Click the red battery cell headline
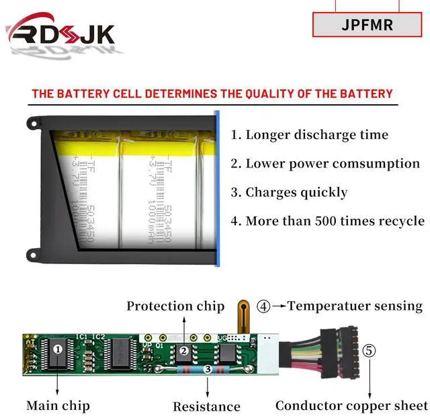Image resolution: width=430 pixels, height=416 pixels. tap(212, 93)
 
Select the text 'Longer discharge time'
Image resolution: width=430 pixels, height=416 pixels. tap(310, 134)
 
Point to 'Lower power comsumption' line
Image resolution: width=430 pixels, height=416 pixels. tap(325, 163)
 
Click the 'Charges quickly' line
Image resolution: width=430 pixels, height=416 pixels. tap(289, 192)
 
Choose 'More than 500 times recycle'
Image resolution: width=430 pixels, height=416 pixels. tap(328, 220)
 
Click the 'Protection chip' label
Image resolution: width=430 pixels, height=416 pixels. tap(175, 306)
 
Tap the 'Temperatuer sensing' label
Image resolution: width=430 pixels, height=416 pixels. tap(355, 306)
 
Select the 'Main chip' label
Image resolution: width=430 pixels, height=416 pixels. tap(58, 405)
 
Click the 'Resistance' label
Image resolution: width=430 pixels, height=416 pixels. tap(206, 406)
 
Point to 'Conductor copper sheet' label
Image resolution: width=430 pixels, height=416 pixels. tap(351, 405)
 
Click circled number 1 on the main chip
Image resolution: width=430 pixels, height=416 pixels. tap(58, 349)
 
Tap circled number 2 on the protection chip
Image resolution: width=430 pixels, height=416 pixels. tap(183, 350)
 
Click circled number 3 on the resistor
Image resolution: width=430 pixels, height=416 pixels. tap(208, 369)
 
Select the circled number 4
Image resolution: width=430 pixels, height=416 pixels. tap(264, 306)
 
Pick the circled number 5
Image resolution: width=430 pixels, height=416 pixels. tap(370, 350)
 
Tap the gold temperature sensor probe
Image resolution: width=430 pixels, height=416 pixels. tap(241, 317)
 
